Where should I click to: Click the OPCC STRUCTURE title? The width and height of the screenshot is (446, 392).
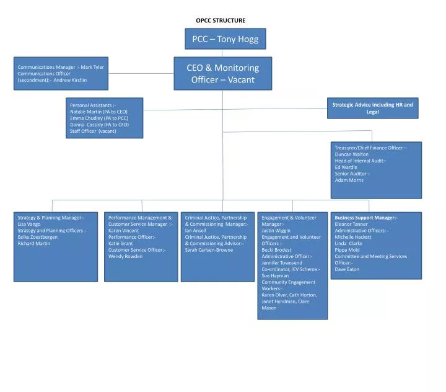click(221, 20)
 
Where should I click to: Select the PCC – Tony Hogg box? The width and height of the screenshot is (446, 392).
click(225, 39)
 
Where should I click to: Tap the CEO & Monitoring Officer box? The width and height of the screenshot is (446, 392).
click(222, 73)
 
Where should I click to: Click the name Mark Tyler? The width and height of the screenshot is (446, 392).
click(92, 67)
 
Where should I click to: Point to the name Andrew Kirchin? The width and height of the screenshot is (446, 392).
click(70, 80)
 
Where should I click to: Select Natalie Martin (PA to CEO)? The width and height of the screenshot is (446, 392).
click(98, 112)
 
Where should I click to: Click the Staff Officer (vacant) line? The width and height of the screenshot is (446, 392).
click(93, 131)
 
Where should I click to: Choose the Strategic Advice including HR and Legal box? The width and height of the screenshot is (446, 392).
click(372, 108)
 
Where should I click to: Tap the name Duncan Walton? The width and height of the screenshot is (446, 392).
click(351, 154)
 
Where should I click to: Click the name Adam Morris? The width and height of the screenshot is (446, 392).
click(349, 180)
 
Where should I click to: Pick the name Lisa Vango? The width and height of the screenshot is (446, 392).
click(29, 224)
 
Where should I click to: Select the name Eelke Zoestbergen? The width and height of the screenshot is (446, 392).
click(38, 237)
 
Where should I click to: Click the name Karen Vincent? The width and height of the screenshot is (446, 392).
click(123, 231)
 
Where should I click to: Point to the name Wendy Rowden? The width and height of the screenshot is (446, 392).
click(125, 256)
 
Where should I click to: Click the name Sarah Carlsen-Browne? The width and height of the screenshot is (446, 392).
click(209, 250)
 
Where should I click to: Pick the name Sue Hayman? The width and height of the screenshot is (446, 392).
click(275, 275)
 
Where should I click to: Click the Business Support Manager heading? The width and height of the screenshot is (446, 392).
click(365, 218)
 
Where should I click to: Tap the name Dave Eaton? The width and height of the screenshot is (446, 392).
click(347, 269)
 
